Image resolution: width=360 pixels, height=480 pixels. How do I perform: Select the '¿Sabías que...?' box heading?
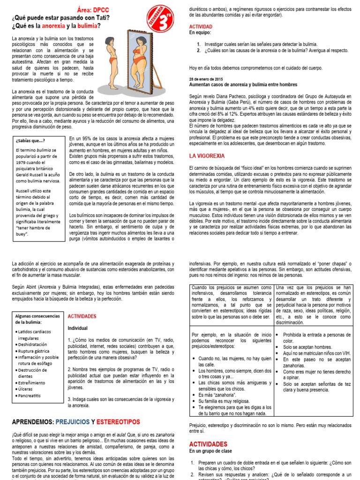31,140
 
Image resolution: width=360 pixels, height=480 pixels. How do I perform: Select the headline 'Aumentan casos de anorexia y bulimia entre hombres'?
243,84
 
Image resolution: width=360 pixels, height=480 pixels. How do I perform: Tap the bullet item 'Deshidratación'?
36,344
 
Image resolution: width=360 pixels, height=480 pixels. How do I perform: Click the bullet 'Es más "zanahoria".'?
216,395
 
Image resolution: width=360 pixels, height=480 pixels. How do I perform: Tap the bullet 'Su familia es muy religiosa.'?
223,401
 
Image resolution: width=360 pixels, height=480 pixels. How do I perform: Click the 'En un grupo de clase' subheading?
210,450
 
